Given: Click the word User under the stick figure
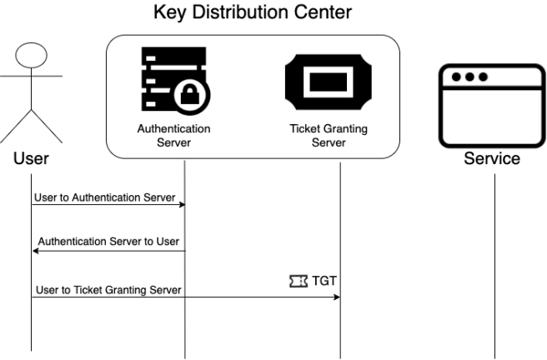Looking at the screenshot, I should [x=32, y=158].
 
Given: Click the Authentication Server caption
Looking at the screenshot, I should [x=174, y=136].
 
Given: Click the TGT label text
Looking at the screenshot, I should [x=324, y=281].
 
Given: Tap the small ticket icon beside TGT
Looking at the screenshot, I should [x=299, y=282].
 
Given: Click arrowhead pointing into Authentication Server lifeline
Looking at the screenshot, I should [x=181, y=204].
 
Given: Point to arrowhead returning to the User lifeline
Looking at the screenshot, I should [x=36, y=250].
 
